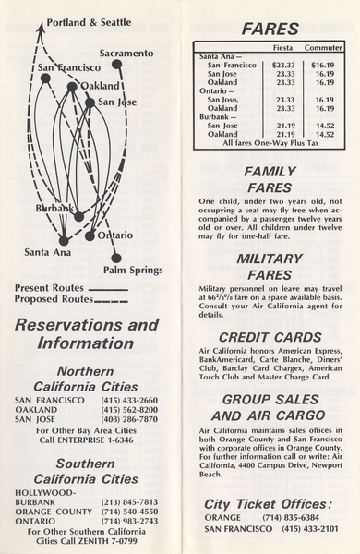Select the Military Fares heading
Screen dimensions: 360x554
pyautogui.click(x=269, y=267)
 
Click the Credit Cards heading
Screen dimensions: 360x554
pyautogui.click(x=269, y=338)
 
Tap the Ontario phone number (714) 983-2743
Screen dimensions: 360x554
pyautogui.click(x=128, y=521)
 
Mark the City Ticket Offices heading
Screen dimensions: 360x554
pyautogui.click(x=269, y=503)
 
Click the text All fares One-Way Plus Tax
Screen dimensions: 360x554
pyautogui.click(x=269, y=144)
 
